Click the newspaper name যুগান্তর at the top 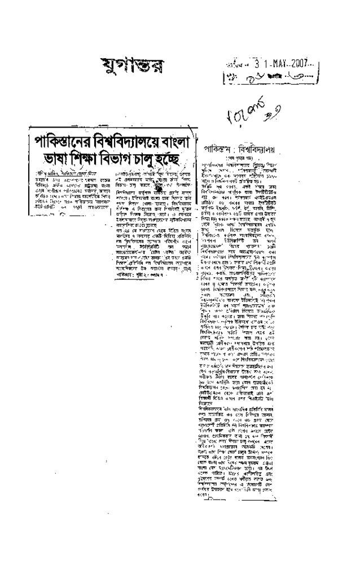tap(131, 64)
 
